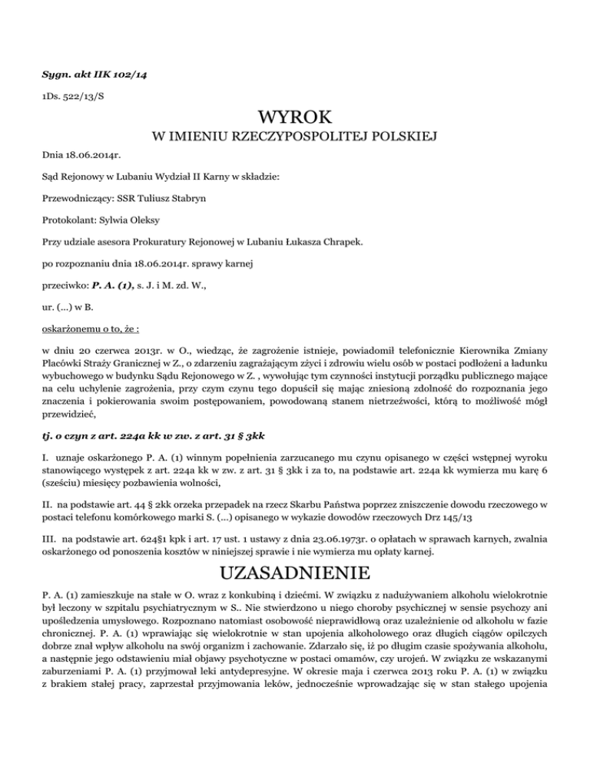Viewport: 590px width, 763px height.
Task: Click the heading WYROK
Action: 296,117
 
